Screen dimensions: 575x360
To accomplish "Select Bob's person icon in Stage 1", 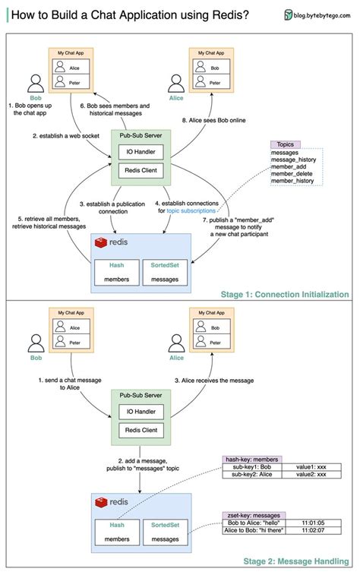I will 34,83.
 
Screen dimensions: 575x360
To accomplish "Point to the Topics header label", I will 286,144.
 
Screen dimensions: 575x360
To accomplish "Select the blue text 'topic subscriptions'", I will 193,210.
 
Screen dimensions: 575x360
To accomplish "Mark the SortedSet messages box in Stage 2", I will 165,532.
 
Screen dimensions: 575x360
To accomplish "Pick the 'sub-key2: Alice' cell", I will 251,474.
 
